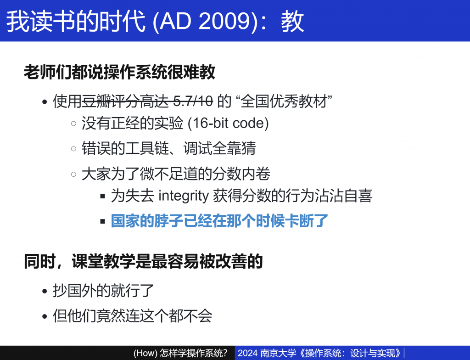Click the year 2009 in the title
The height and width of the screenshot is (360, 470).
pyautogui.click(x=224, y=21)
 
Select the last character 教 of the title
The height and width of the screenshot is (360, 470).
pyautogui.click(x=292, y=21)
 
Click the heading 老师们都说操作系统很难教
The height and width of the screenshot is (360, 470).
pyautogui.click(x=119, y=72)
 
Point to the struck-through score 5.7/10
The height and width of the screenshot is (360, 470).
pyautogui.click(x=193, y=101)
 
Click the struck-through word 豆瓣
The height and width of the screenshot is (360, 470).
pyautogui.click(x=96, y=101)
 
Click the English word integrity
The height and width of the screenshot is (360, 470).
pyautogui.click(x=184, y=196)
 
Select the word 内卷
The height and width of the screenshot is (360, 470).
pyautogui.click(x=256, y=174)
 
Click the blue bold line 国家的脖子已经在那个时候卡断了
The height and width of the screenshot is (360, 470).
pyautogui.click(x=219, y=221)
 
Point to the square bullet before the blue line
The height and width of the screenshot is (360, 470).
pyautogui.click(x=103, y=222)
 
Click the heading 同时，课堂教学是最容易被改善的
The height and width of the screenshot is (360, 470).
pyautogui.click(x=143, y=261)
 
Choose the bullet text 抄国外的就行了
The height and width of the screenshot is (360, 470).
pyautogui.click(x=103, y=290)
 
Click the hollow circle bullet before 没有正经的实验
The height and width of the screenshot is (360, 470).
pyautogui.click(x=74, y=124)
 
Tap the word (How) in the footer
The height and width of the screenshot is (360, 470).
pyautogui.click(x=145, y=353)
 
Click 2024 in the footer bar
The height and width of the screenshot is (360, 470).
pyautogui.click(x=247, y=353)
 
